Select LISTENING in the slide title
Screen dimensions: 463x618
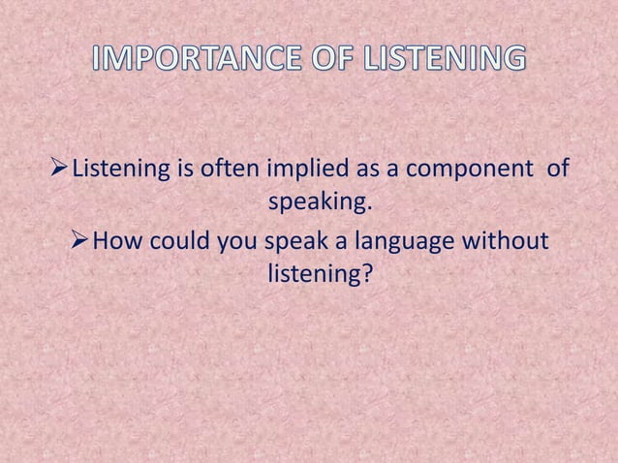pos(446,59)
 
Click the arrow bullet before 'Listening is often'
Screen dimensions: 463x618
pos(60,170)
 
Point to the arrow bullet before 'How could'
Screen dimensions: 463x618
pos(79,239)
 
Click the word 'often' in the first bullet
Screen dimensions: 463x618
pos(226,171)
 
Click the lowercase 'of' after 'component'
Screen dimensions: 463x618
pos(558,171)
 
